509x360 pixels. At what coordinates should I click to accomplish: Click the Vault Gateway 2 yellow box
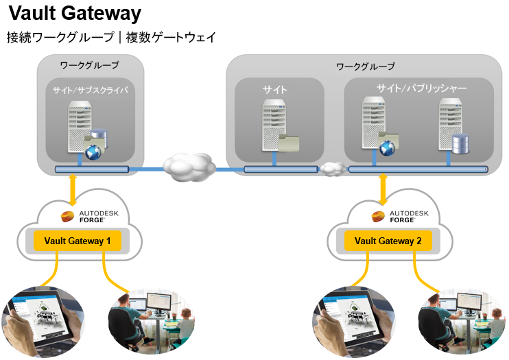[x=388, y=240]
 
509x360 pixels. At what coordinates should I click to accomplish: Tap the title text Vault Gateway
[x=75, y=13]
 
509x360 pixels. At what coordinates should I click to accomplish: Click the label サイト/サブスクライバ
[x=90, y=90]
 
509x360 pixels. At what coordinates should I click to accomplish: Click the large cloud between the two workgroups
[x=187, y=167]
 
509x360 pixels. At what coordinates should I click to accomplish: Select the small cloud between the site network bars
[x=333, y=168]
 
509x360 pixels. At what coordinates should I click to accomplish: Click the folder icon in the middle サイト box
[x=289, y=142]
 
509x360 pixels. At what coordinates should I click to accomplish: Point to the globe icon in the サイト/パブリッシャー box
[x=388, y=145]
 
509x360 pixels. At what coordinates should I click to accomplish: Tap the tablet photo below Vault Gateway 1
[x=43, y=320]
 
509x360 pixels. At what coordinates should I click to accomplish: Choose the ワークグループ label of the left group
[x=90, y=65]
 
